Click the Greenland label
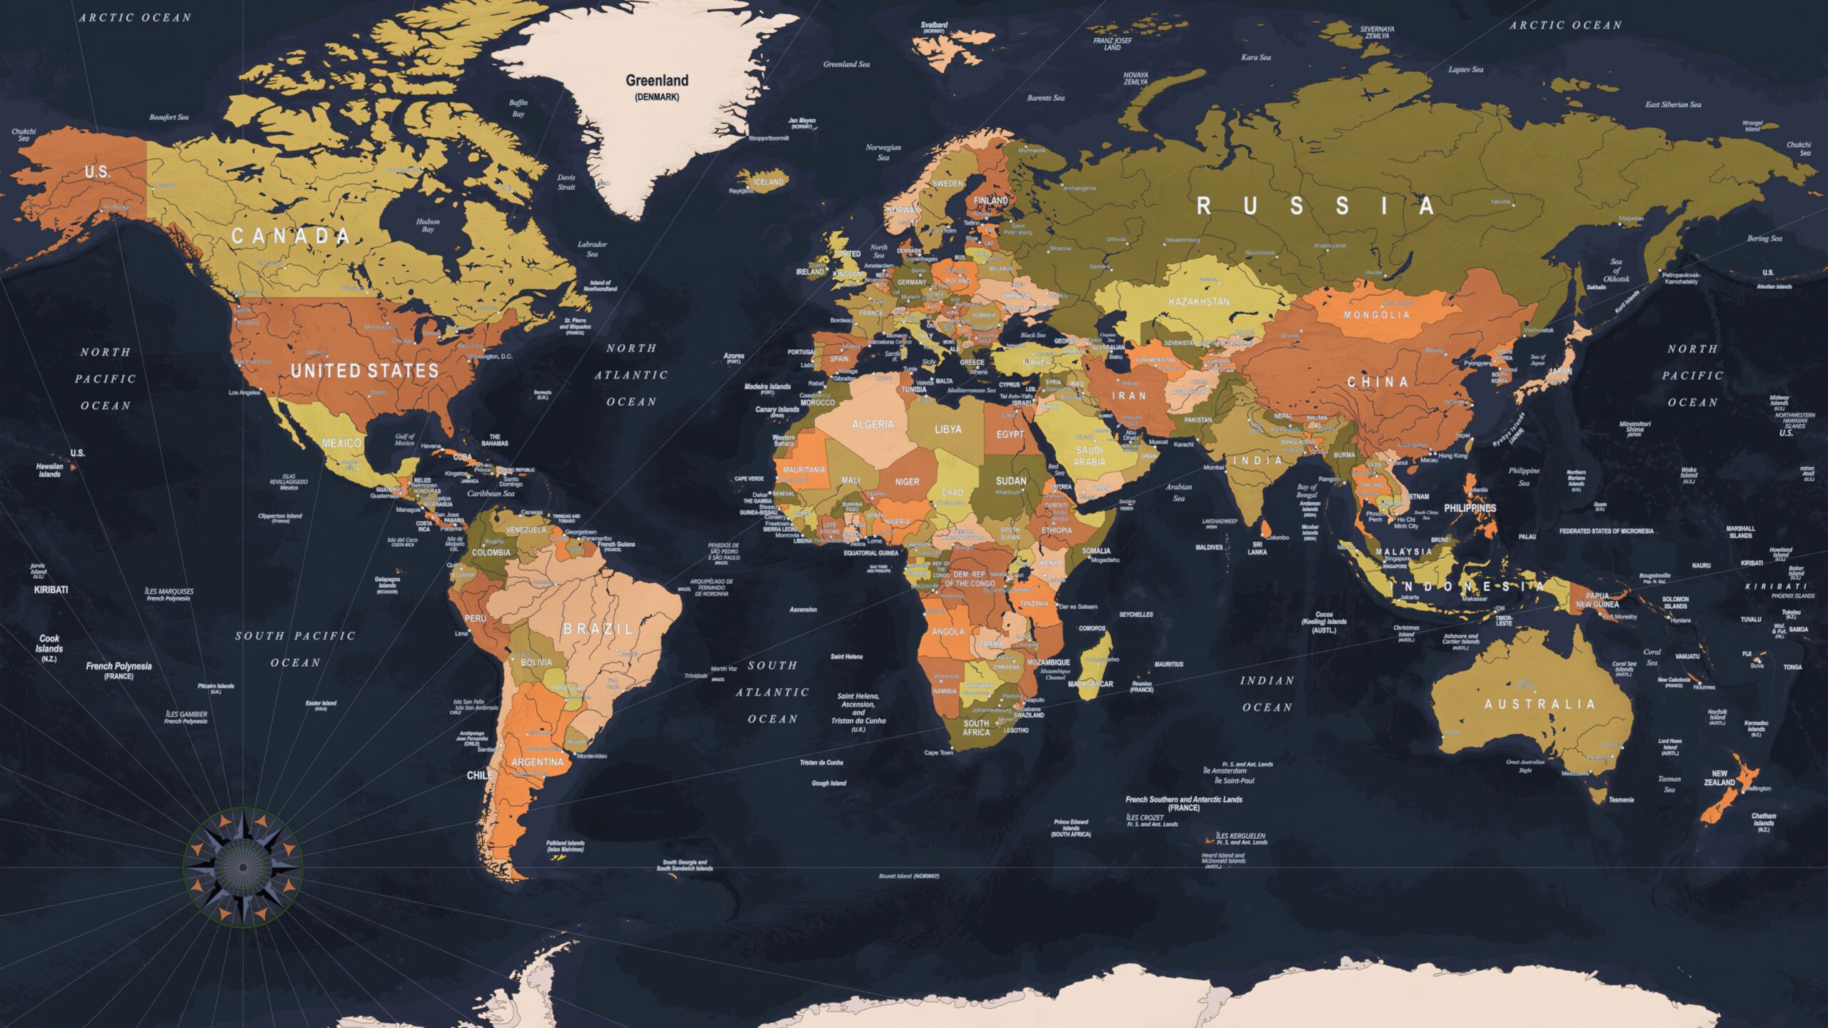[x=657, y=81]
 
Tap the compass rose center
[x=243, y=867]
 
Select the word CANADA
[x=291, y=236]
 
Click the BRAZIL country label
[x=598, y=629]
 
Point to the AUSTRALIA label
[x=1540, y=704]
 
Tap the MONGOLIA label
[x=1377, y=315]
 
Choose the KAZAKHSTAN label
[x=1199, y=302]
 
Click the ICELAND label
[x=768, y=182]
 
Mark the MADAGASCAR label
[x=1090, y=684]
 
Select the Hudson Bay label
[x=428, y=226]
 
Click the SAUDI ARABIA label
[x=1090, y=456]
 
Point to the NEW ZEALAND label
[x=1719, y=778]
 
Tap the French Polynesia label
[x=119, y=667]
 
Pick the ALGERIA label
[x=873, y=424]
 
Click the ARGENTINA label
[x=537, y=762]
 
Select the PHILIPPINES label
[x=1470, y=508]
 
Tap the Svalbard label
[x=934, y=25]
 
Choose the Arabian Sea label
[x=1179, y=493]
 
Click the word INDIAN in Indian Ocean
[x=1267, y=680]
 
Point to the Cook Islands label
[x=49, y=644]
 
